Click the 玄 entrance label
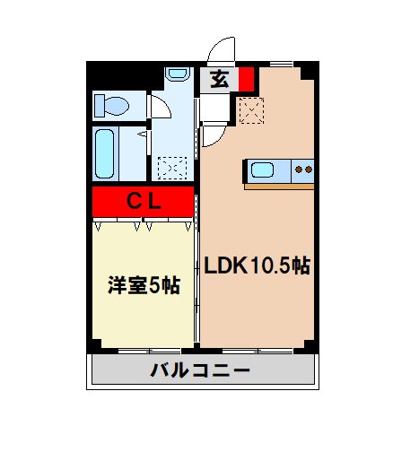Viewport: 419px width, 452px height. coord(219,79)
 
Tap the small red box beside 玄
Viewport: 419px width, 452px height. coord(246,79)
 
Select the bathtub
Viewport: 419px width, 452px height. coord(106,154)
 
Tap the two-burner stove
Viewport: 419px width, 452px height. coord(303,169)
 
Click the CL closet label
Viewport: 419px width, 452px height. coord(143,201)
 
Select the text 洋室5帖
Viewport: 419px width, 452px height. coord(144,286)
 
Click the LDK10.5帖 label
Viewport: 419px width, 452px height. coord(257,266)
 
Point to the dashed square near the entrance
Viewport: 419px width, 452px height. coord(250,110)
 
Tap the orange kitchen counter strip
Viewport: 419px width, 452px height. coord(278,187)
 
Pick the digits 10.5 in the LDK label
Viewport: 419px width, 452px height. coord(268,266)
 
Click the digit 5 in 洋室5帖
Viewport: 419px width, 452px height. coord(154,286)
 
